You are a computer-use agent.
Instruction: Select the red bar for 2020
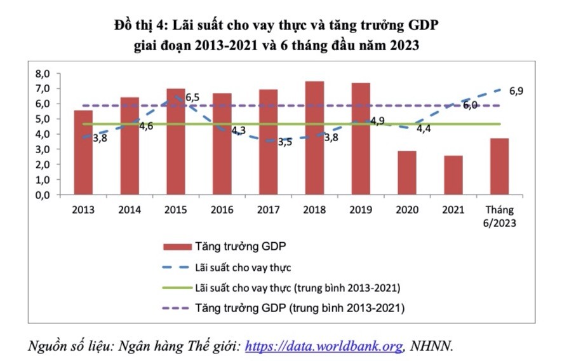coord(407,173)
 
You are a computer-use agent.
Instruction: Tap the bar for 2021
coord(453,175)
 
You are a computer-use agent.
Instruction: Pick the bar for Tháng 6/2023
coord(500,167)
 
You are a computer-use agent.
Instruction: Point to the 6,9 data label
coord(516,92)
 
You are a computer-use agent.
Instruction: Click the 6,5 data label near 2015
coord(192,98)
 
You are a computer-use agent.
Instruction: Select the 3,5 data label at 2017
coord(285,142)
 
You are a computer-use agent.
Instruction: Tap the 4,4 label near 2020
coord(424,129)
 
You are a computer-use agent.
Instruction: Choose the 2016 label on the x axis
coord(222,210)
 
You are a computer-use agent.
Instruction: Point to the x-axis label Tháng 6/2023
coord(500,216)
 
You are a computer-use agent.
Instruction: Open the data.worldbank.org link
coord(324,346)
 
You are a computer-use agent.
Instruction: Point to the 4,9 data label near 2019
coord(378,121)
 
